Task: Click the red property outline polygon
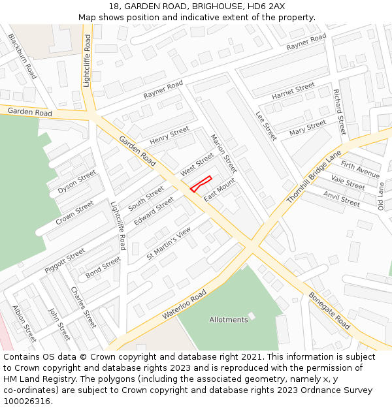tap(201, 184)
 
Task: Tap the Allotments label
tap(229, 320)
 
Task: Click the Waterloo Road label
tap(184, 304)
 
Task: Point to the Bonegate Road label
tap(330, 310)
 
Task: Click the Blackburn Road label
tap(22, 56)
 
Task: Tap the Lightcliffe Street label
tap(87, 61)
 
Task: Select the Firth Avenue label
tap(360, 170)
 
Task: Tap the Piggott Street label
tap(65, 260)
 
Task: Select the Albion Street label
tap(24, 324)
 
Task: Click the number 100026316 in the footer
tap(27, 401)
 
